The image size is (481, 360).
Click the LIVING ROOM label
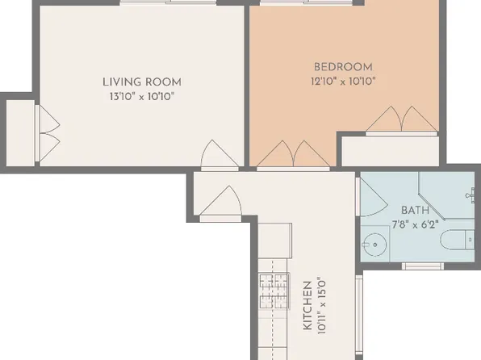[142, 82]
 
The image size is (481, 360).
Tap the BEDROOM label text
[343, 67]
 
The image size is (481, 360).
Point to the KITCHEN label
[307, 305]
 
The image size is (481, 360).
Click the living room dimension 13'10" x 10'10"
[142, 97]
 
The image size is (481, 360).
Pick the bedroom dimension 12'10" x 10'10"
[343, 82]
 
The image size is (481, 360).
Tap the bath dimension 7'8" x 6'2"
[415, 225]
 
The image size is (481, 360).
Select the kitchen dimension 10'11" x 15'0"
[321, 306]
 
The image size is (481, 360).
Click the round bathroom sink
[374, 245]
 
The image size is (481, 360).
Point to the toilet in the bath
[458, 240]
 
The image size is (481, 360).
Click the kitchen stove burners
[274, 291]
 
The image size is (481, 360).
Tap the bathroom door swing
[372, 197]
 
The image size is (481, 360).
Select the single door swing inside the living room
[220, 155]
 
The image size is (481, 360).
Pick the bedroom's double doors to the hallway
[293, 155]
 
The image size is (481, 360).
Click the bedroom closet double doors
[401, 120]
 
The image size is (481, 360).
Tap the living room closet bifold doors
[48, 133]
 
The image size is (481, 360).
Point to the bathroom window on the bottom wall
[423, 266]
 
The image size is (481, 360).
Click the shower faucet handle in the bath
[471, 195]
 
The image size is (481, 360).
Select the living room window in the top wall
[168, 2]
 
